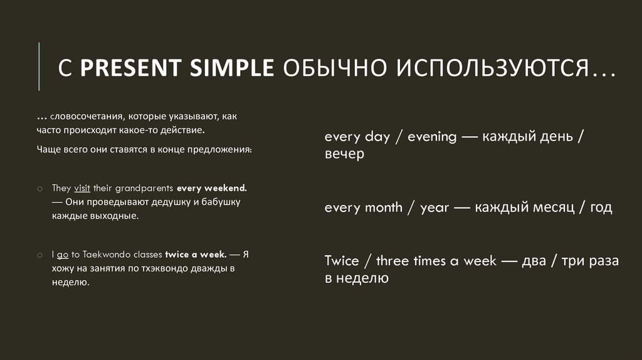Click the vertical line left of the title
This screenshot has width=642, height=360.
pyautogui.click(x=39, y=66)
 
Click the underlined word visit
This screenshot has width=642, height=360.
pyautogui.click(x=83, y=188)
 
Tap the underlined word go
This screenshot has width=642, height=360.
pyautogui.click(x=62, y=255)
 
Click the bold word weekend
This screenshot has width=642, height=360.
pyautogui.click(x=222, y=188)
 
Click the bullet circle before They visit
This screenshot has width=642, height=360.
pyautogui.click(x=39, y=188)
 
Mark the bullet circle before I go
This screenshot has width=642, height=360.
pyautogui.click(x=39, y=255)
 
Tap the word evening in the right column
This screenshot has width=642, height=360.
pyautogui.click(x=432, y=137)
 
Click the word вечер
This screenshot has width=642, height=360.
pyautogui.click(x=344, y=154)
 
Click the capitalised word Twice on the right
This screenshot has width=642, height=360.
pyautogui.click(x=342, y=261)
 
